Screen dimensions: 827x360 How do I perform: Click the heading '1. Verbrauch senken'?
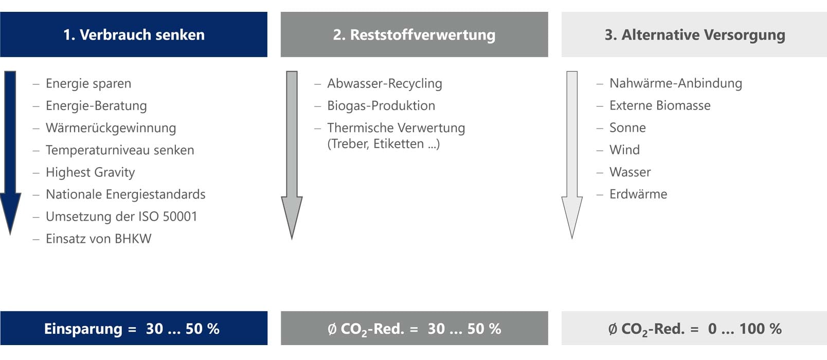(134, 34)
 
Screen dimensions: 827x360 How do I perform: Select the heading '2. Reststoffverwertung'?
(414, 34)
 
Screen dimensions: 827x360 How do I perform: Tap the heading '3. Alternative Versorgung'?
(694, 34)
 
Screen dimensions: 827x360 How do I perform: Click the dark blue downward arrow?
(10, 153)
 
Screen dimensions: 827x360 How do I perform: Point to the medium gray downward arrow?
(292, 155)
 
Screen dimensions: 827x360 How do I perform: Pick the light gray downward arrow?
(572, 155)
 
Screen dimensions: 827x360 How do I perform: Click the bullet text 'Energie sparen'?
(88, 83)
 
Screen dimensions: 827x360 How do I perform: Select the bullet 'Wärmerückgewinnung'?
(111, 128)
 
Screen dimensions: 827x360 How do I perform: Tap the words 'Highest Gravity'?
(91, 172)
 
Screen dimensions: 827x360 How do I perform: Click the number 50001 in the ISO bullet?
(180, 217)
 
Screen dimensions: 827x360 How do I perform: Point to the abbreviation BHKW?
(133, 239)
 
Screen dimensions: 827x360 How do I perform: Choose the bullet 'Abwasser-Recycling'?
(385, 83)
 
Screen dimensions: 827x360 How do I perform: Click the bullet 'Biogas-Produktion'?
(381, 105)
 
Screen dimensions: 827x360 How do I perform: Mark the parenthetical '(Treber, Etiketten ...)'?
(384, 143)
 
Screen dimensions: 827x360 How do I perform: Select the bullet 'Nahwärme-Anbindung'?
(676, 83)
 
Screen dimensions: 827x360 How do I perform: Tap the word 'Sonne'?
(627, 128)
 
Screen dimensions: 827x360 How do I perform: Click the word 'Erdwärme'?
(638, 194)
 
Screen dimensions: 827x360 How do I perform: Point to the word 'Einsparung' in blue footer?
(83, 329)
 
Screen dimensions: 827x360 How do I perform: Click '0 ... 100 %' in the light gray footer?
(745, 329)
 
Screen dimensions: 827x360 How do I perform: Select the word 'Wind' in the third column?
(625, 150)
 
